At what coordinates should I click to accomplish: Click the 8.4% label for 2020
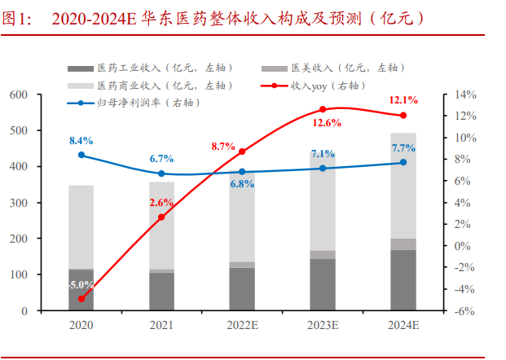(81, 140)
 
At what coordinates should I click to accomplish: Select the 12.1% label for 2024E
(404, 100)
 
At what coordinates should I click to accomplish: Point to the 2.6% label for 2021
(162, 202)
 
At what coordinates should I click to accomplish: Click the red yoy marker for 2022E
(242, 151)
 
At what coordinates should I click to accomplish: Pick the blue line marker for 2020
(81, 155)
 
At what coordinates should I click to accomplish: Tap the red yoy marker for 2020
(81, 299)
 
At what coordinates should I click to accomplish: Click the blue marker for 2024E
(403, 162)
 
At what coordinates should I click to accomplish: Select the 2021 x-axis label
(161, 325)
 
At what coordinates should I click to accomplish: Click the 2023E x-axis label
(323, 325)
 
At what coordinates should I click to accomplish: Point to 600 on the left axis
(42, 95)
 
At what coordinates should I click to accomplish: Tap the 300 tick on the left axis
(42, 203)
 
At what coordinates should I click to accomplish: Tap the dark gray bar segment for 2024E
(403, 280)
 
